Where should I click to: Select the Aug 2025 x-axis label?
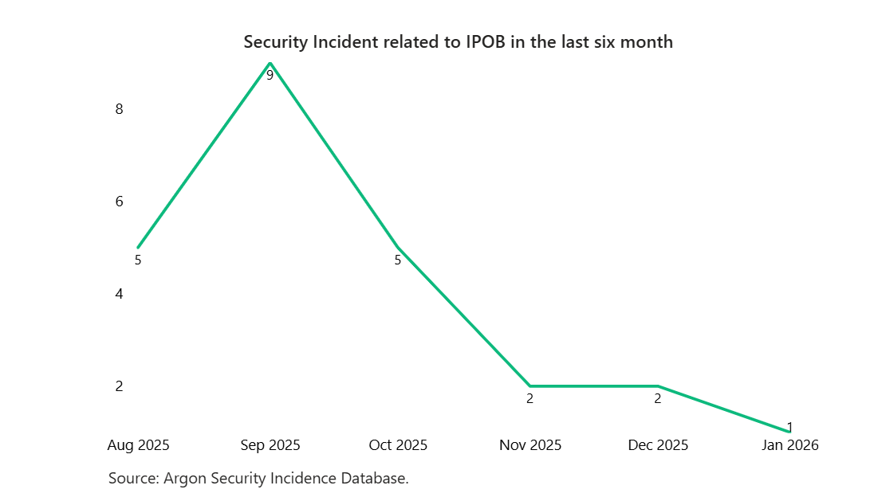[x=138, y=445]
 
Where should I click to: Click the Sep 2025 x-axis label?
[x=270, y=445]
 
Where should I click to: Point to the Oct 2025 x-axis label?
[x=398, y=445]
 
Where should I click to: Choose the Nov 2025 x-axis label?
[x=530, y=445]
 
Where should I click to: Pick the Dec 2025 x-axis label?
[x=658, y=445]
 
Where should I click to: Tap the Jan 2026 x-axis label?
[x=789, y=445]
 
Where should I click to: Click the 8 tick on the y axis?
[x=119, y=109]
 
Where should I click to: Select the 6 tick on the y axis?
[x=119, y=202]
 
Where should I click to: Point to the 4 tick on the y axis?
[x=119, y=294]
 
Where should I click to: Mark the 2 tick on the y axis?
[x=119, y=386]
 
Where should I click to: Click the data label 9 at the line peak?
[x=270, y=76]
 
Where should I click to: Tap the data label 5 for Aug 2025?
[x=138, y=260]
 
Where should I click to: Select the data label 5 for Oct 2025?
[x=398, y=260]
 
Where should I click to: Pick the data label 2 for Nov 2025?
[x=530, y=399]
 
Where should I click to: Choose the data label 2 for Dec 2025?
[x=658, y=399]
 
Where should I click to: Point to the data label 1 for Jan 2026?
[x=789, y=428]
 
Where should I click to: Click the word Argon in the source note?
[x=183, y=479]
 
